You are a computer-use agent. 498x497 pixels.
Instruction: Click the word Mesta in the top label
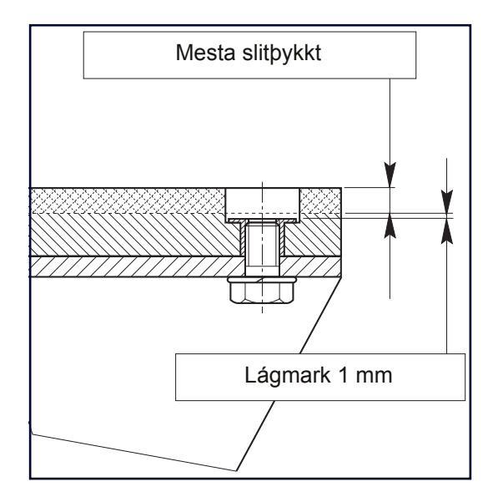205,53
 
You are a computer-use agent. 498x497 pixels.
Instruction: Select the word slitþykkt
281,53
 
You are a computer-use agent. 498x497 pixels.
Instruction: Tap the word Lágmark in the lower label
287,376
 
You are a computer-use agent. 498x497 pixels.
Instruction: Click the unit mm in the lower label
374,378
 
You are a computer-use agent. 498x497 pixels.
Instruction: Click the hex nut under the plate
262,293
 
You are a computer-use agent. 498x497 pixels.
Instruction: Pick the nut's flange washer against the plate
262,280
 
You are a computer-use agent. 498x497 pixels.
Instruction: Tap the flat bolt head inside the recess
262,221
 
